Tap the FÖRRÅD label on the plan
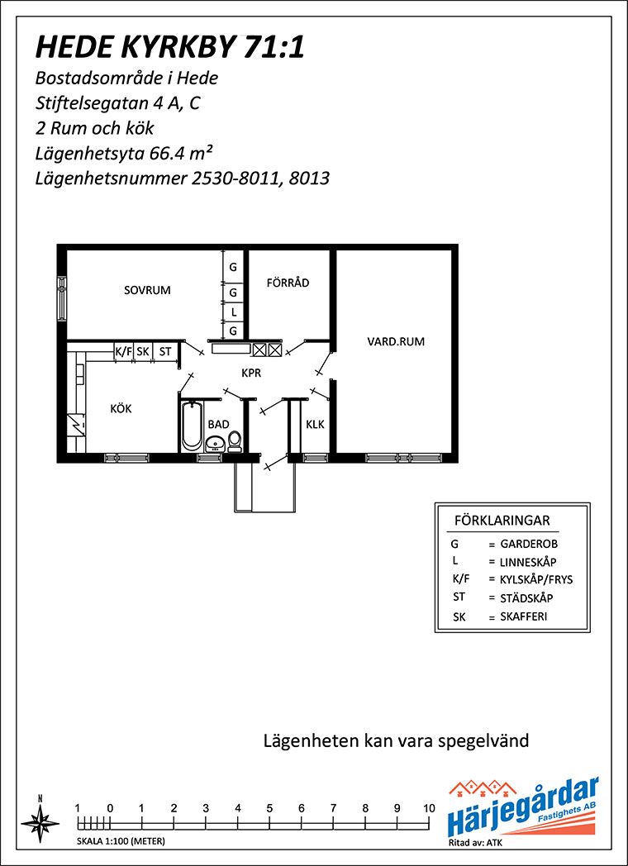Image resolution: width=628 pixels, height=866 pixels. [x=288, y=283]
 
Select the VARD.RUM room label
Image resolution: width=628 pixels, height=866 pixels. [x=396, y=342]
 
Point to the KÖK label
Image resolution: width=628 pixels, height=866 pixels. [x=121, y=409]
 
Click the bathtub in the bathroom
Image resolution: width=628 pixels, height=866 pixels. [x=192, y=426]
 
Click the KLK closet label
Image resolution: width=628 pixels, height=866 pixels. [x=315, y=425]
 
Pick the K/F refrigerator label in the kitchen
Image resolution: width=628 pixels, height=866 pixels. [x=123, y=350]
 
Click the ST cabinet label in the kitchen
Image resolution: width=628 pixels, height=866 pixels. [x=165, y=350]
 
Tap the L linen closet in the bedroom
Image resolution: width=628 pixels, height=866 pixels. [x=234, y=312]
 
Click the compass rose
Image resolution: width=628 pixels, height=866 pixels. [x=40, y=819]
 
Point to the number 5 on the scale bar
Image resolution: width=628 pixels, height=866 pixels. [x=269, y=808]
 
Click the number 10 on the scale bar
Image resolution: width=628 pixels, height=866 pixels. [x=429, y=808]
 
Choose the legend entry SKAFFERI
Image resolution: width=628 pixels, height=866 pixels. [x=524, y=616]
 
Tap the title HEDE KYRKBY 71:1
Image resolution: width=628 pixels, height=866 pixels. [x=169, y=47]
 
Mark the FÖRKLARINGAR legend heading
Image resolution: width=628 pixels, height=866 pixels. [x=502, y=521]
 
